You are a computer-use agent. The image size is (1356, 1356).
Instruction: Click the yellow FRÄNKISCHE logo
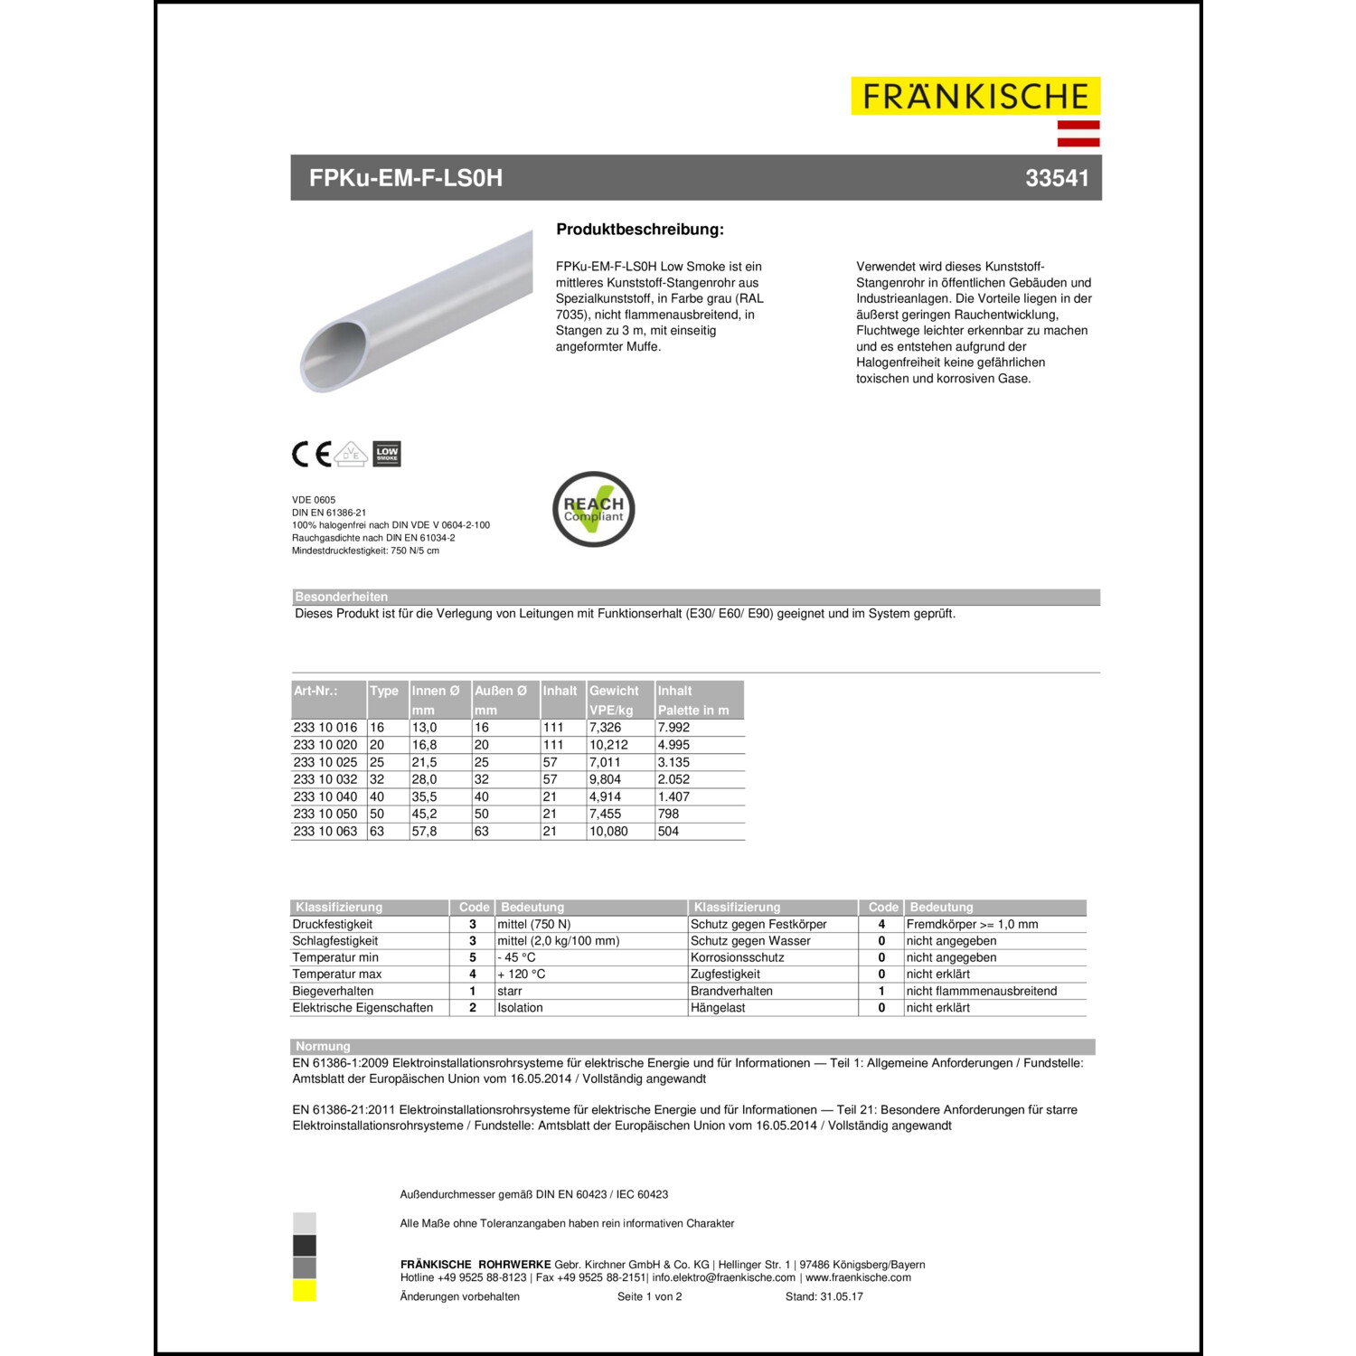pyautogui.click(x=975, y=96)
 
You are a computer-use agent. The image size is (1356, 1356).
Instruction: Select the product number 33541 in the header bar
pyautogui.click(x=1057, y=178)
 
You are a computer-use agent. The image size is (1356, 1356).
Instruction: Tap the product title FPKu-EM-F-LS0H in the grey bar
pyautogui.click(x=406, y=178)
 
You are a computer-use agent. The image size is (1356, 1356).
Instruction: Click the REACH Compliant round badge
pyautogui.click(x=593, y=509)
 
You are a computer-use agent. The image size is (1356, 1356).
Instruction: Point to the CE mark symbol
pyautogui.click(x=311, y=454)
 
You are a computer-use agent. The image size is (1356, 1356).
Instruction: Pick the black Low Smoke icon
pyautogui.click(x=387, y=454)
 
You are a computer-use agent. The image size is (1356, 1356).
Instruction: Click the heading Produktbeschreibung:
pyautogui.click(x=640, y=230)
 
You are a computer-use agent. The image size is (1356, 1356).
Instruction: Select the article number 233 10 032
pyautogui.click(x=325, y=779)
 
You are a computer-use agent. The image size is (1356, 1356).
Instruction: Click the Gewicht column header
pyautogui.click(x=614, y=691)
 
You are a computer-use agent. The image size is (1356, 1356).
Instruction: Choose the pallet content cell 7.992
pyautogui.click(x=673, y=728)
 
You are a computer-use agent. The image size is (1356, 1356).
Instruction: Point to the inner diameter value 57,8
pyautogui.click(x=424, y=832)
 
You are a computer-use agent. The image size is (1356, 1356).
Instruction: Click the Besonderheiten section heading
pyautogui.click(x=341, y=597)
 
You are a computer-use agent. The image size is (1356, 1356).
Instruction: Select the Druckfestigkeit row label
pyautogui.click(x=332, y=925)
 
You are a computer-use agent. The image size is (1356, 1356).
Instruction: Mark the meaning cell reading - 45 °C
pyautogui.click(x=516, y=958)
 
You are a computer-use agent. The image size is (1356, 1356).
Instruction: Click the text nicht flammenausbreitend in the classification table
pyautogui.click(x=981, y=992)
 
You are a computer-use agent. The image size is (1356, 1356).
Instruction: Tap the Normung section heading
pyautogui.click(x=323, y=1047)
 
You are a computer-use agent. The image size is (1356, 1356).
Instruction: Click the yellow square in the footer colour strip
pyautogui.click(x=305, y=1291)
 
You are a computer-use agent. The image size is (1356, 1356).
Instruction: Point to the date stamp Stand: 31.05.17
pyautogui.click(x=824, y=1297)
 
